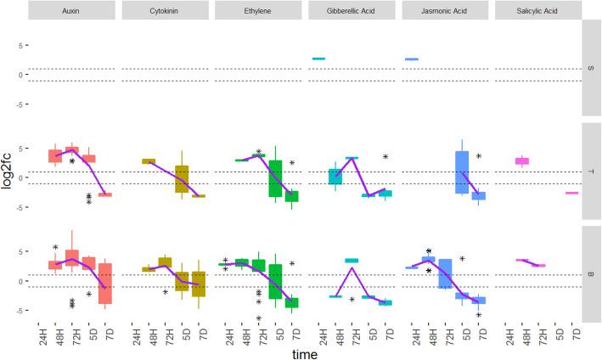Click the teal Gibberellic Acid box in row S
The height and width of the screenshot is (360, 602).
(318, 59)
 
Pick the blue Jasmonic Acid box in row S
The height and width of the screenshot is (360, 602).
(412, 59)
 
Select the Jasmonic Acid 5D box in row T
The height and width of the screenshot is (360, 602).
(462, 173)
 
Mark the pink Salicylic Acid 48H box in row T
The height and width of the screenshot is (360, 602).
(522, 160)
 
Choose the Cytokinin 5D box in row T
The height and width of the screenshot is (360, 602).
(182, 179)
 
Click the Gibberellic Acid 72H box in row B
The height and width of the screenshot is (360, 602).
(352, 260)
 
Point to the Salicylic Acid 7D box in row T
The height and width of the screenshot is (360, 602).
(571, 193)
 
